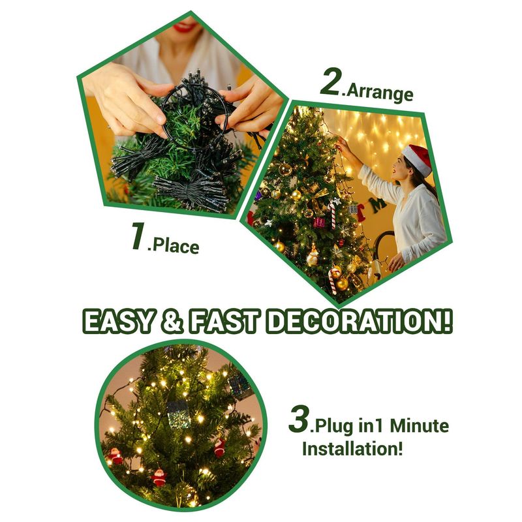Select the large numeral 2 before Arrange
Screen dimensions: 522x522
pos(330,82)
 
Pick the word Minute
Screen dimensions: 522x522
pos(419,426)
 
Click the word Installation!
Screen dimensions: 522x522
pos(352,448)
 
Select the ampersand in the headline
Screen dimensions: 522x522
pos(172,321)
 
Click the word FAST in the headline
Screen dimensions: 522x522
pos(223,321)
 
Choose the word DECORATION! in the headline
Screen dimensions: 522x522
pos(359,321)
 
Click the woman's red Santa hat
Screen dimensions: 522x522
pos(418,159)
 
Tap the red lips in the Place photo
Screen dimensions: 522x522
pos(184,24)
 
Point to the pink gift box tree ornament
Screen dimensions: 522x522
pos(319,222)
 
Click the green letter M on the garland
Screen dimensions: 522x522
pos(379,206)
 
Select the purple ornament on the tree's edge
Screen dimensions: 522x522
pos(258,196)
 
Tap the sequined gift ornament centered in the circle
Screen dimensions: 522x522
pos(178,414)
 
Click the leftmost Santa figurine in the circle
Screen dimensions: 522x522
pos(115,456)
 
